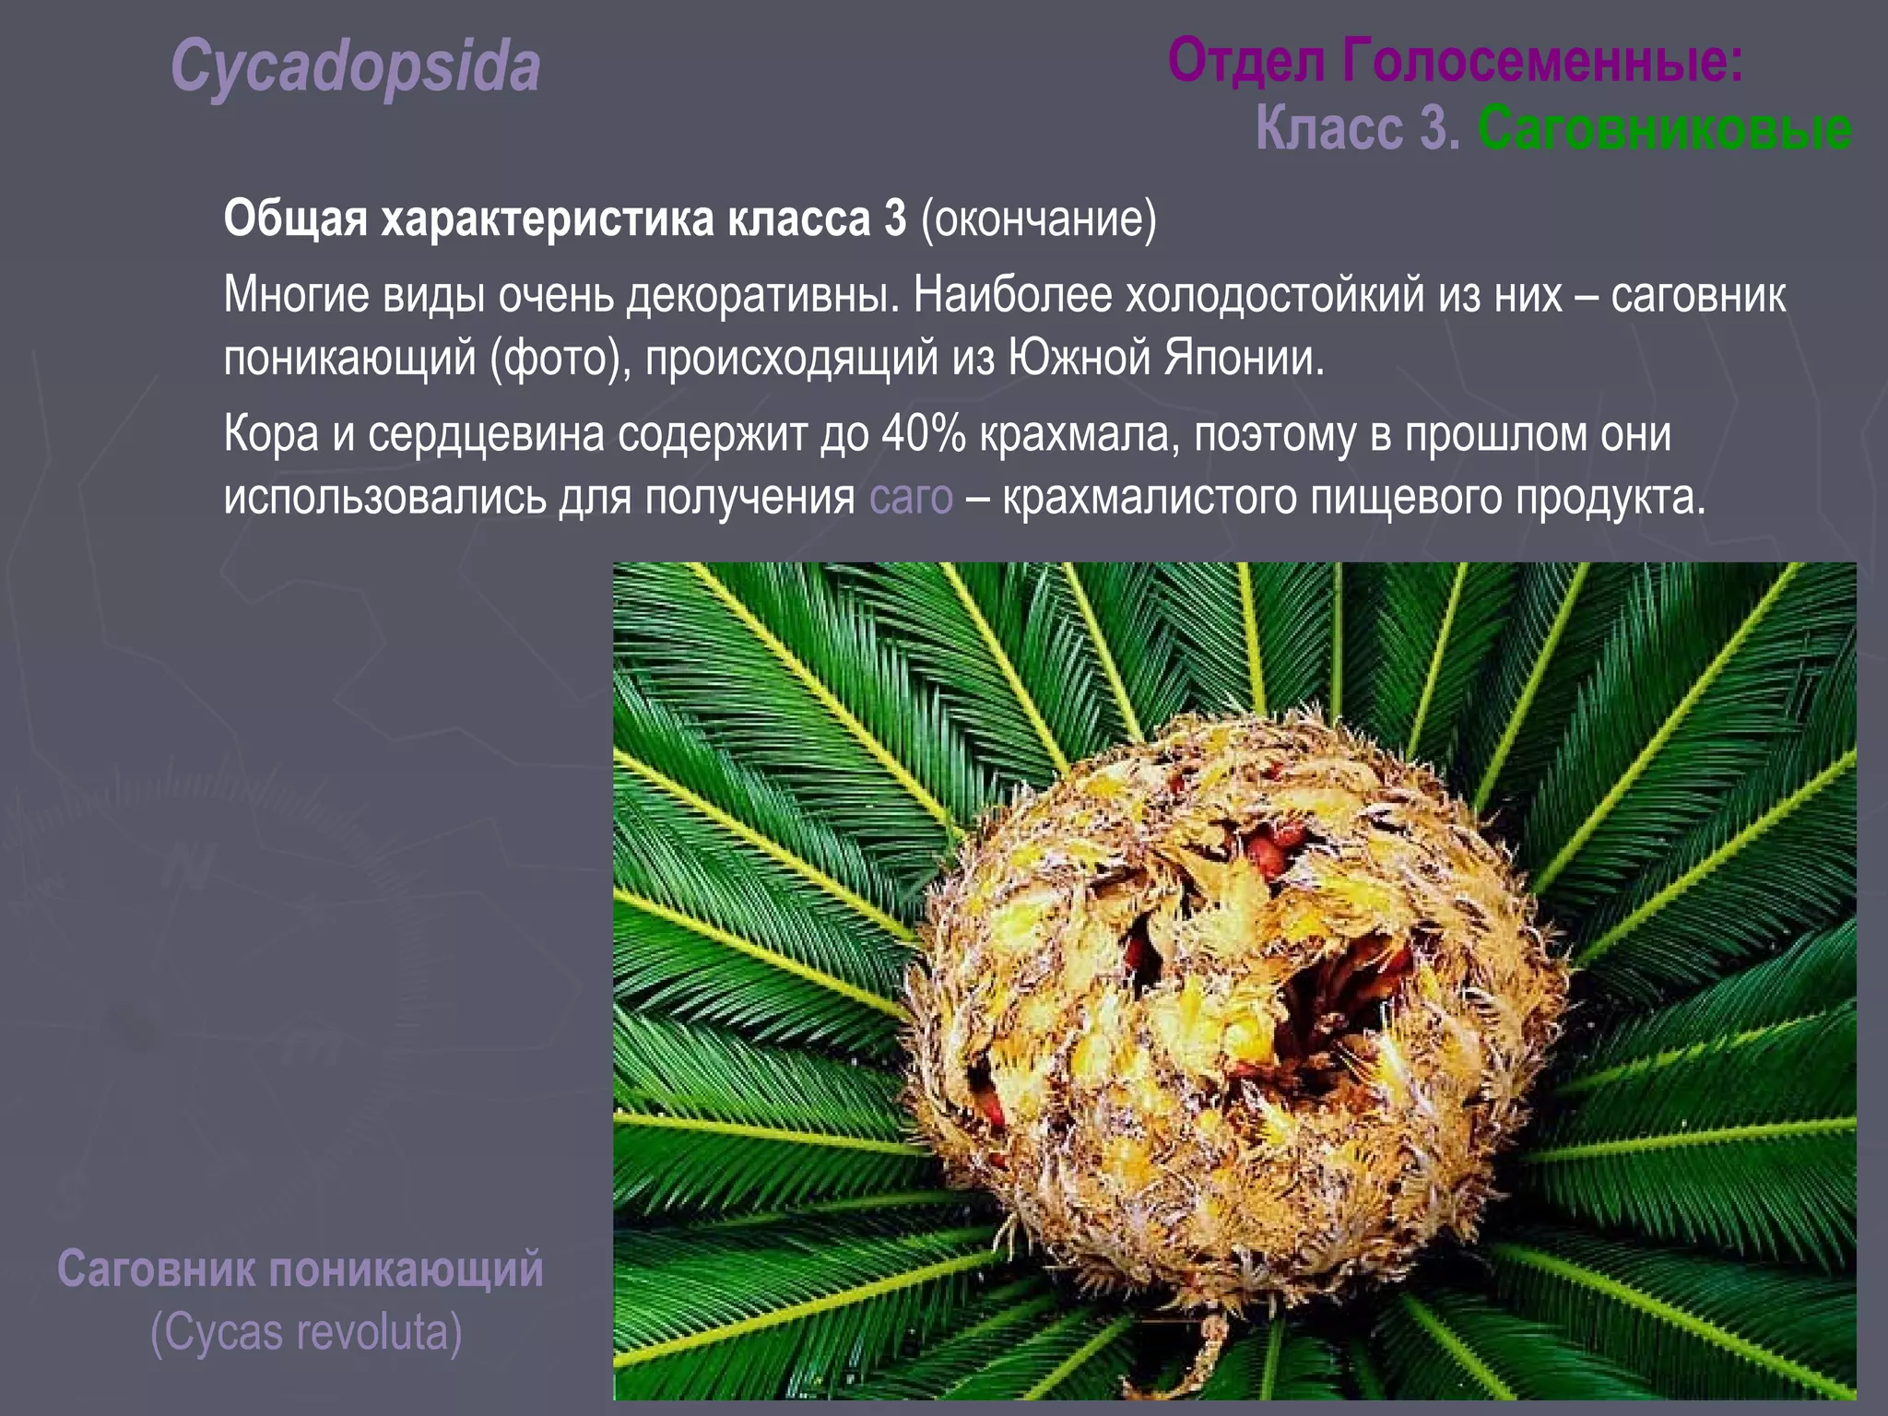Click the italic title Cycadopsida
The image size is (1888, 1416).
point(355,66)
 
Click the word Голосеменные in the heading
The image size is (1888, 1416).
point(1541,61)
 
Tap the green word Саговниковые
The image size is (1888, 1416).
point(1664,129)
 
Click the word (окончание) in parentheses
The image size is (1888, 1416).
point(1038,219)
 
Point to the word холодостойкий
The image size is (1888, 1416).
point(1274,296)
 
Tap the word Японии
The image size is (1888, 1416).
point(1244,359)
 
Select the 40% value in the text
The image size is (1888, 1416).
point(923,434)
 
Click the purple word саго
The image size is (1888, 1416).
point(911,498)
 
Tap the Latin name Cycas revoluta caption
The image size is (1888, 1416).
point(306,1332)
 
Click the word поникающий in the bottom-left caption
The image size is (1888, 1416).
point(406,1269)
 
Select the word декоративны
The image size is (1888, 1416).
point(761,296)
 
